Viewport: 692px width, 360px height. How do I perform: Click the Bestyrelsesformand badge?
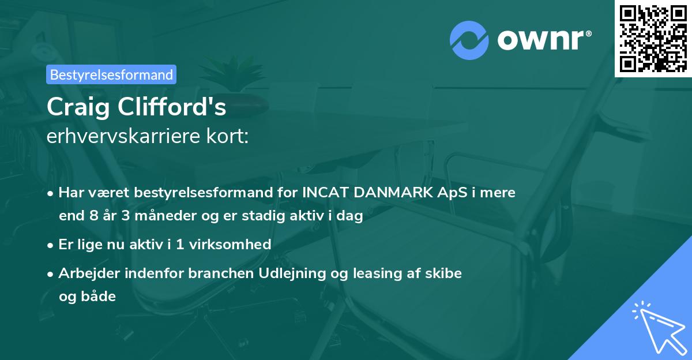[x=111, y=74]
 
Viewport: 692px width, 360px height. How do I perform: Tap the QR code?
[x=652, y=38]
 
